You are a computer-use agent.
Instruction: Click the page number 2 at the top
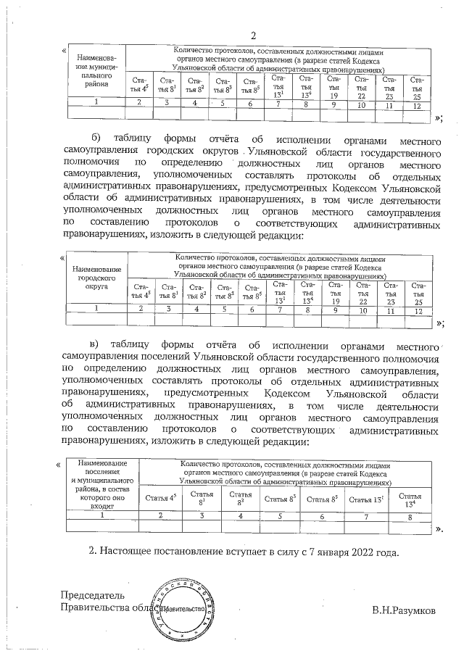pos(254,36)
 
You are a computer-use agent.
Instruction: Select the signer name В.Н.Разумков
pos(403,610)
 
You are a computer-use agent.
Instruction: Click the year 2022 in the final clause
pos(360,553)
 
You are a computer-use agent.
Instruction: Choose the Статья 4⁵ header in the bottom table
pos(161,499)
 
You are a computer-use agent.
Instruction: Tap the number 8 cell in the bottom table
pos(410,516)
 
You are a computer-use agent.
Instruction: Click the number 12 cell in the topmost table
pos(416,106)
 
